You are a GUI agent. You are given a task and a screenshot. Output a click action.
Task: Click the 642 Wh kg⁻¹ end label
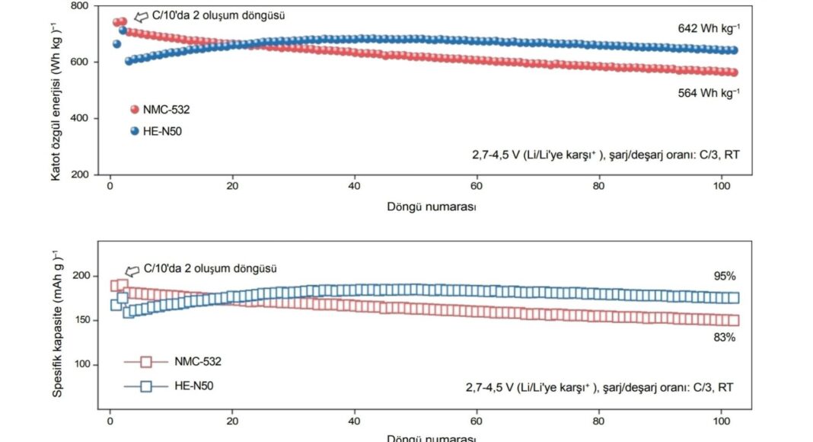[709, 28]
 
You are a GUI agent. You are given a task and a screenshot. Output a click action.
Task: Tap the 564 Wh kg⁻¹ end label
[709, 92]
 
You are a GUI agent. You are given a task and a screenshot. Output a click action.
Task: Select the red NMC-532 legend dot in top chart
[135, 110]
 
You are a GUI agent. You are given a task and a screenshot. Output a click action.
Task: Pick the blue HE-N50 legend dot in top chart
[135, 131]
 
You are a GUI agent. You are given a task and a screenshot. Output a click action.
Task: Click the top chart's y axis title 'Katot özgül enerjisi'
[56, 91]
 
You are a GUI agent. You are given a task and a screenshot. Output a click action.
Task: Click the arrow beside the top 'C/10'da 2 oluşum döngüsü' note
[141, 16]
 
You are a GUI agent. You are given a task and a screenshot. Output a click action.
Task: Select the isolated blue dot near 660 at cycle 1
[116, 44]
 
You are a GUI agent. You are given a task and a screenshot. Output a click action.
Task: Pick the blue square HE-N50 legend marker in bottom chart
[147, 386]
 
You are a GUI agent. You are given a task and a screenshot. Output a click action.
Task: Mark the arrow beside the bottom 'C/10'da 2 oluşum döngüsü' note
[132, 270]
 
